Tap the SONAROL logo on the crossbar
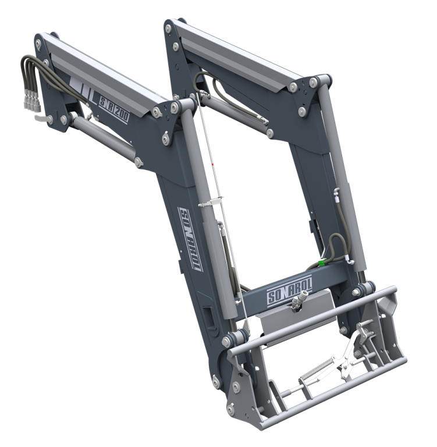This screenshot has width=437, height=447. pos(290,289)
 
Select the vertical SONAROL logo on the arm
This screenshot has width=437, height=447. pos(190,239)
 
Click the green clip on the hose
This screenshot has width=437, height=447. pos(321,262)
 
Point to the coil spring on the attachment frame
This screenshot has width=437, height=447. pos(317,368)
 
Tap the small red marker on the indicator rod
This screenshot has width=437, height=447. pos(212,165)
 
